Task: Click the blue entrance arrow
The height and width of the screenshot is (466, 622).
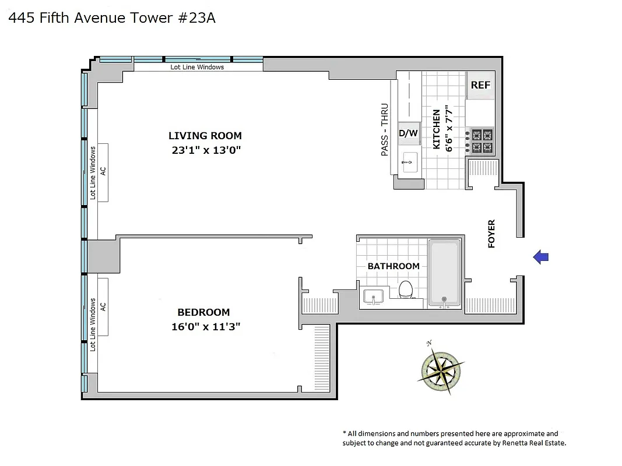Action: tap(541, 256)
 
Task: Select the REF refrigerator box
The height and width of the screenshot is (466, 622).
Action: tap(480, 85)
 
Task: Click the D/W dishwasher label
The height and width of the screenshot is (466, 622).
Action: tap(408, 133)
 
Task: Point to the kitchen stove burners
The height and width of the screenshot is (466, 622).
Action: tap(482, 140)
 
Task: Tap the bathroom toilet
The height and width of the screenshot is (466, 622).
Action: tap(406, 290)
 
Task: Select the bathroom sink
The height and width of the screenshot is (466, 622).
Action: tap(373, 296)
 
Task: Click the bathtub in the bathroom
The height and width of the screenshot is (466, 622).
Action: tap(445, 273)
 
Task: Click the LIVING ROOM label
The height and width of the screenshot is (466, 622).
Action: tap(205, 136)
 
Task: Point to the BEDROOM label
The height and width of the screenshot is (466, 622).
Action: tap(203, 312)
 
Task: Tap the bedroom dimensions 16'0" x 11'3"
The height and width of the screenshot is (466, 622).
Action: tap(206, 327)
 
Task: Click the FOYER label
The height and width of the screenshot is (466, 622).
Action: tap(491, 234)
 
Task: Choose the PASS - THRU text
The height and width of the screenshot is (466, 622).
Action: tap(384, 130)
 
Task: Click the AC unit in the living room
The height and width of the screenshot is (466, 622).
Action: tap(103, 172)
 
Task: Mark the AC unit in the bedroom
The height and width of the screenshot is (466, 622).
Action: tap(103, 306)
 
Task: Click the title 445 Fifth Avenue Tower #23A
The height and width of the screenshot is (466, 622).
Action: tap(112, 18)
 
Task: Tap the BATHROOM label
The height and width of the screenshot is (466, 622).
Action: tap(393, 266)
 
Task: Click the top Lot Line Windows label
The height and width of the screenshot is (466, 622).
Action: tap(197, 67)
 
